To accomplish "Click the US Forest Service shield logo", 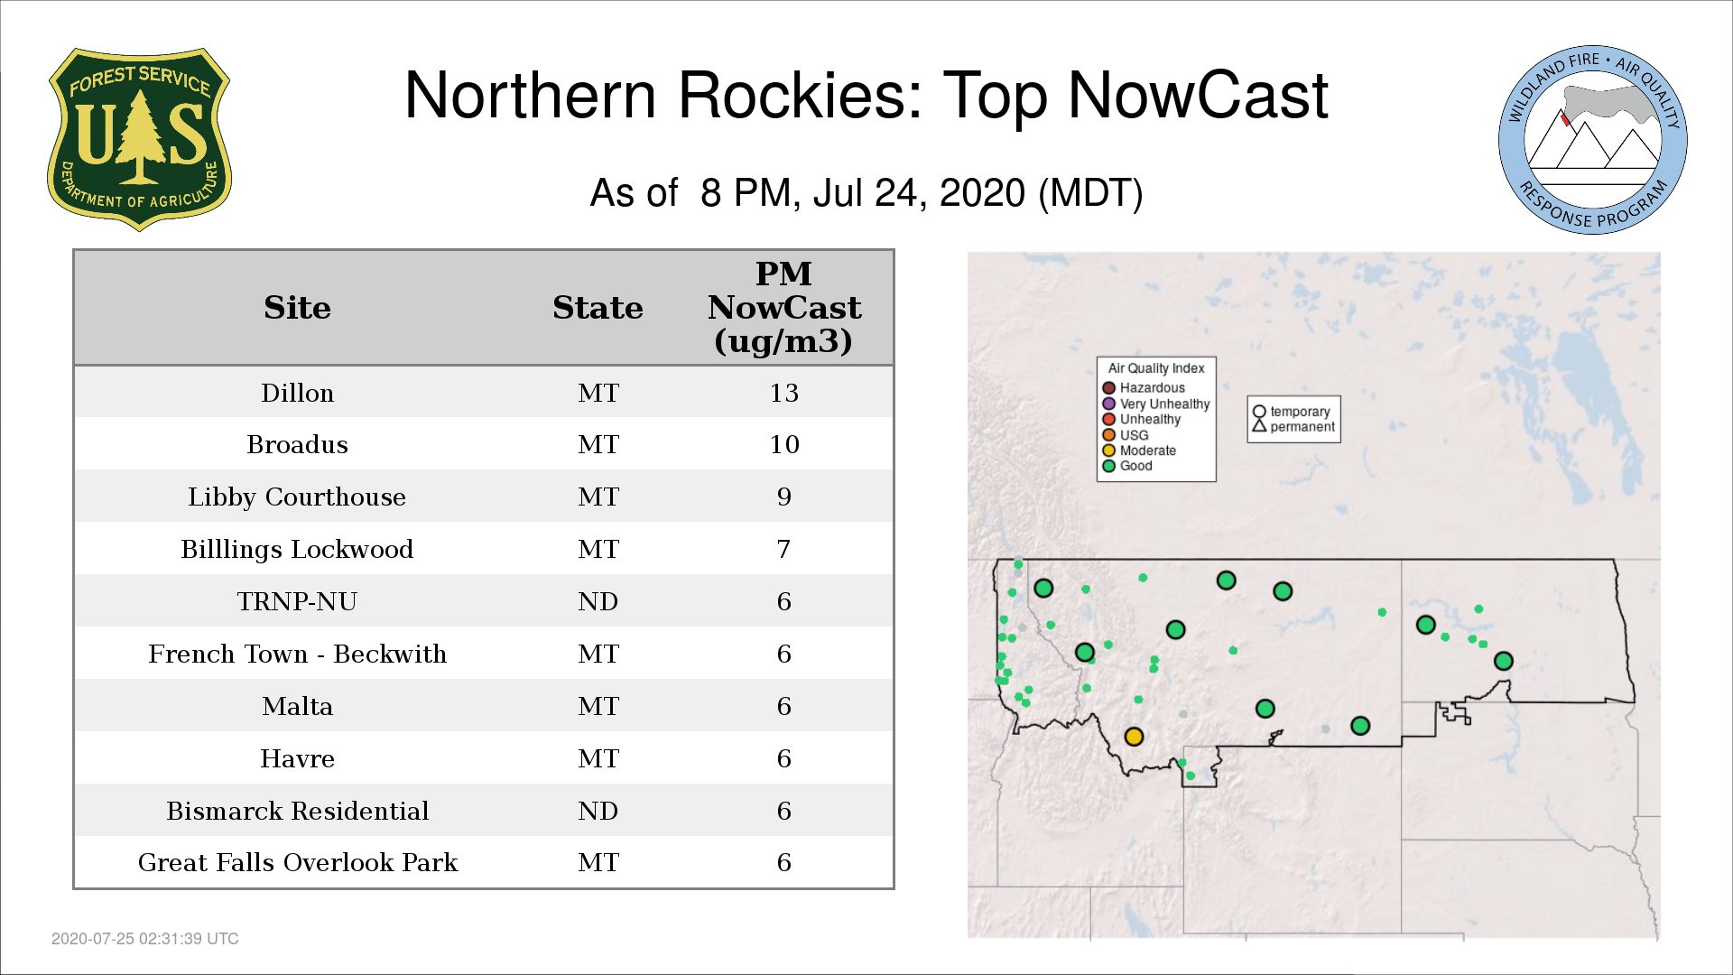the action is (x=139, y=140).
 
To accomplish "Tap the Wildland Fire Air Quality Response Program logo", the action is (x=1593, y=140).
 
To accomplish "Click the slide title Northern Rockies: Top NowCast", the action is (x=866, y=96).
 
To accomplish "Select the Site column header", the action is (x=297, y=308).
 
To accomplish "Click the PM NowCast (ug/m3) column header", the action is (x=783, y=307).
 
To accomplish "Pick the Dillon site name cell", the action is (x=297, y=393).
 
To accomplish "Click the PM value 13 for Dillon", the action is (x=783, y=393).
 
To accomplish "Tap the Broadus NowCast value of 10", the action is (x=783, y=444).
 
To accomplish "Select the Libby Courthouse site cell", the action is (x=297, y=497).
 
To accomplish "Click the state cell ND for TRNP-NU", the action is (x=598, y=601).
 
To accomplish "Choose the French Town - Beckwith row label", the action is (x=297, y=654).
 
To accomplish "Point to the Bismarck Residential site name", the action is (x=297, y=811).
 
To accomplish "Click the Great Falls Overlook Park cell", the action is (x=297, y=863).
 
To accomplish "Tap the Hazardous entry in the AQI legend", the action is (x=1144, y=388).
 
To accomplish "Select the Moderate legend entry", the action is (x=1139, y=450).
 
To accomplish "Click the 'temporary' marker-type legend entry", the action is (x=1292, y=412).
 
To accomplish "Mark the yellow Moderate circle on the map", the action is (x=1135, y=737).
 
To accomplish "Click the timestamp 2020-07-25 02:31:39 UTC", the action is (x=145, y=939).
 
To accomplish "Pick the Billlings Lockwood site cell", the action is (x=297, y=550).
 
